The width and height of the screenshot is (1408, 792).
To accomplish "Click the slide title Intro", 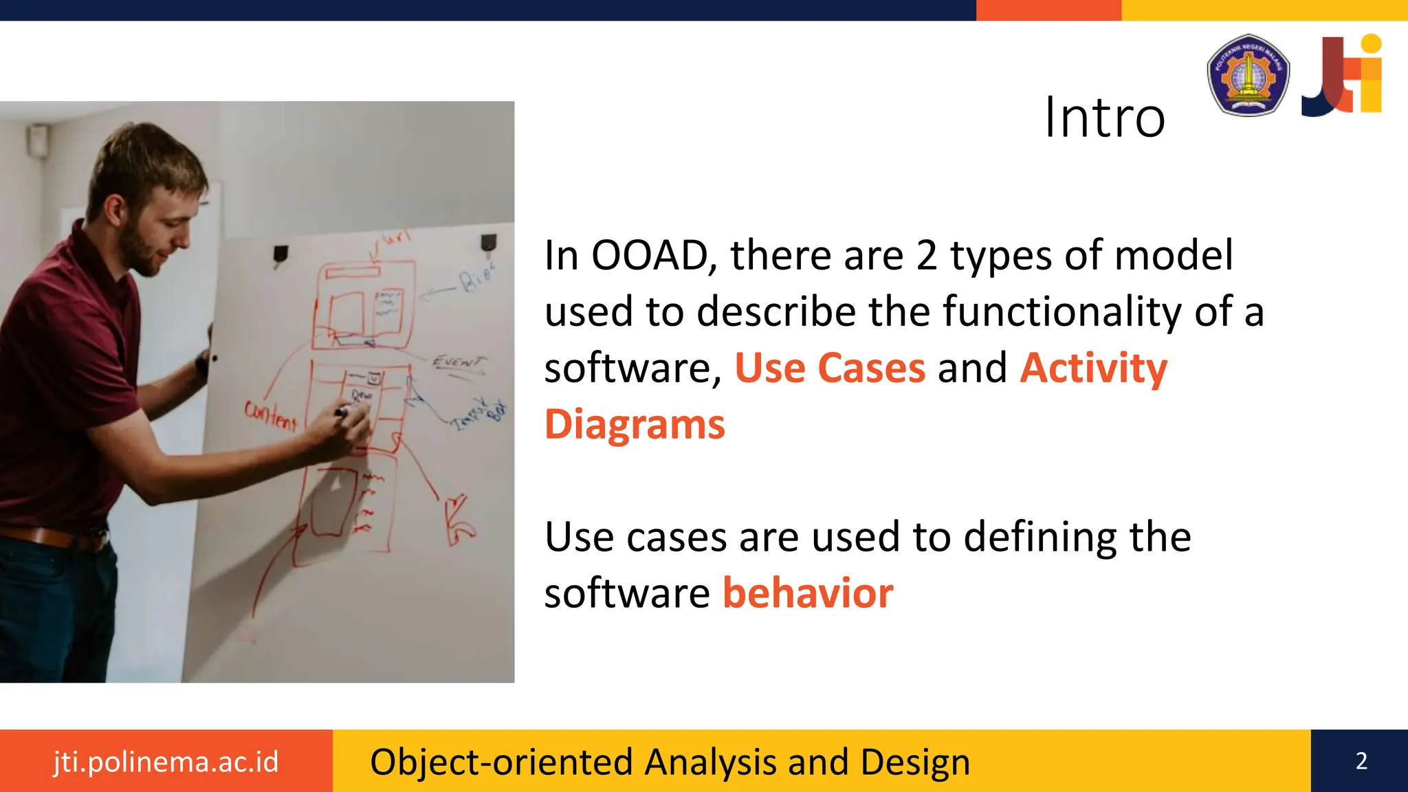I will (x=1104, y=118).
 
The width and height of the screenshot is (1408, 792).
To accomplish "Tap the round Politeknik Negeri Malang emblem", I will (x=1248, y=75).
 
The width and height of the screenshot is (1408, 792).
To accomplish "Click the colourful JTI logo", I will (x=1342, y=75).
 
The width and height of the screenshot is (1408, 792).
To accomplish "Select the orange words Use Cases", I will (x=830, y=368).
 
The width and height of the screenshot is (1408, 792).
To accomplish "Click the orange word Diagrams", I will (x=635, y=424).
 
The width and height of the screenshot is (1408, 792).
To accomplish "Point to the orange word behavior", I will (x=808, y=593).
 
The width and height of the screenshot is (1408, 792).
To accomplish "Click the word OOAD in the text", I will (x=650, y=255).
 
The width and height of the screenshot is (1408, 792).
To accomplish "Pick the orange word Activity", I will (x=1093, y=368).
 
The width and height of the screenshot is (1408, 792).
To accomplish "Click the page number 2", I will (x=1361, y=761).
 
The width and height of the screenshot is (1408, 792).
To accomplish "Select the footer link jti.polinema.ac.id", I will (x=166, y=762).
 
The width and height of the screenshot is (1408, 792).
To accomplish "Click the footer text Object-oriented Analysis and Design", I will (x=670, y=762).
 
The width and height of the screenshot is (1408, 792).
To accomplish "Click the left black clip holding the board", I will (x=280, y=255).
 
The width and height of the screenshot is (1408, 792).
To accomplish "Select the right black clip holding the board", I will (x=488, y=242).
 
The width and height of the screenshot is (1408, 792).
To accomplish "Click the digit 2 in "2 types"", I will (x=926, y=255).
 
